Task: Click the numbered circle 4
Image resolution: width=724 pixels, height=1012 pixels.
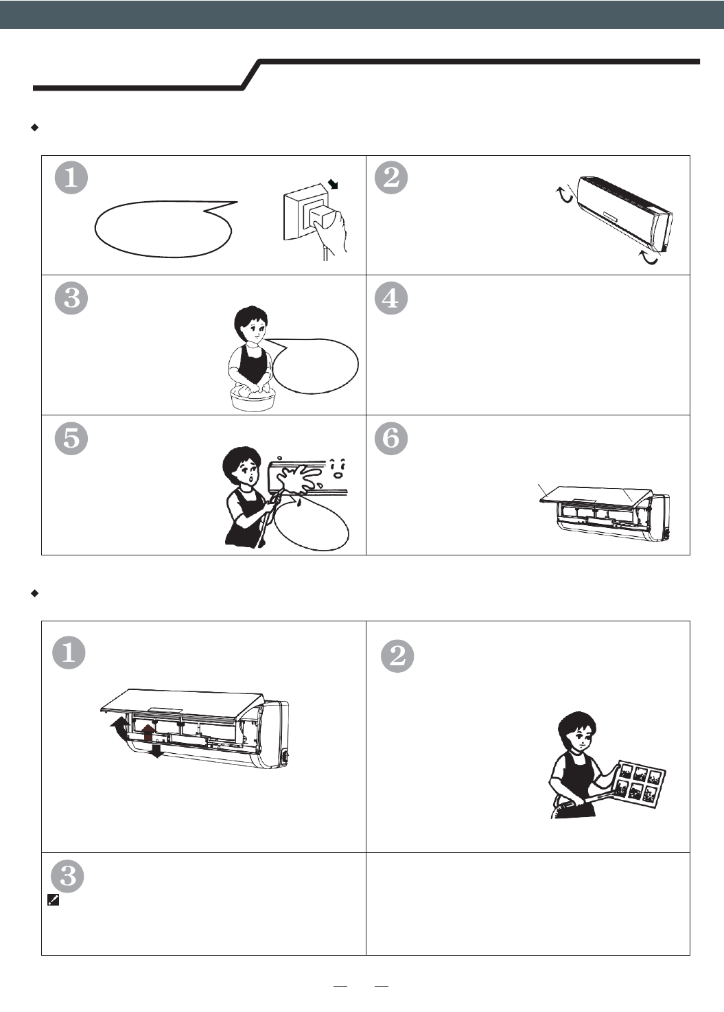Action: tap(392, 298)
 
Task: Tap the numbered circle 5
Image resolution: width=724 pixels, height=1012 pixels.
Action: tap(71, 438)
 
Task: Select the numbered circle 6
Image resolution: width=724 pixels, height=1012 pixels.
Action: tap(392, 438)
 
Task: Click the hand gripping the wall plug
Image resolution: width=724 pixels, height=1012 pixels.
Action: tap(331, 233)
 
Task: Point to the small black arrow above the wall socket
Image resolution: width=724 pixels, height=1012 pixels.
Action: tap(334, 183)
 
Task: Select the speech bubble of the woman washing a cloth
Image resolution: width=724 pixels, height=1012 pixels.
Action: tap(314, 365)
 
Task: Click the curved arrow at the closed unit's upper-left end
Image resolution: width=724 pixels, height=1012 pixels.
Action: tap(563, 195)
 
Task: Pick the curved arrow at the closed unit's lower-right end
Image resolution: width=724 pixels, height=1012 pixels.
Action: tap(648, 257)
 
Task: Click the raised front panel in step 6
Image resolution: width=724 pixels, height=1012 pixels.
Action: tap(596, 496)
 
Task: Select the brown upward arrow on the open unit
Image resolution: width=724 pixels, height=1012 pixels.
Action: tap(148, 731)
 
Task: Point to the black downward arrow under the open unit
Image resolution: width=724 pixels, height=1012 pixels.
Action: tap(156, 751)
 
